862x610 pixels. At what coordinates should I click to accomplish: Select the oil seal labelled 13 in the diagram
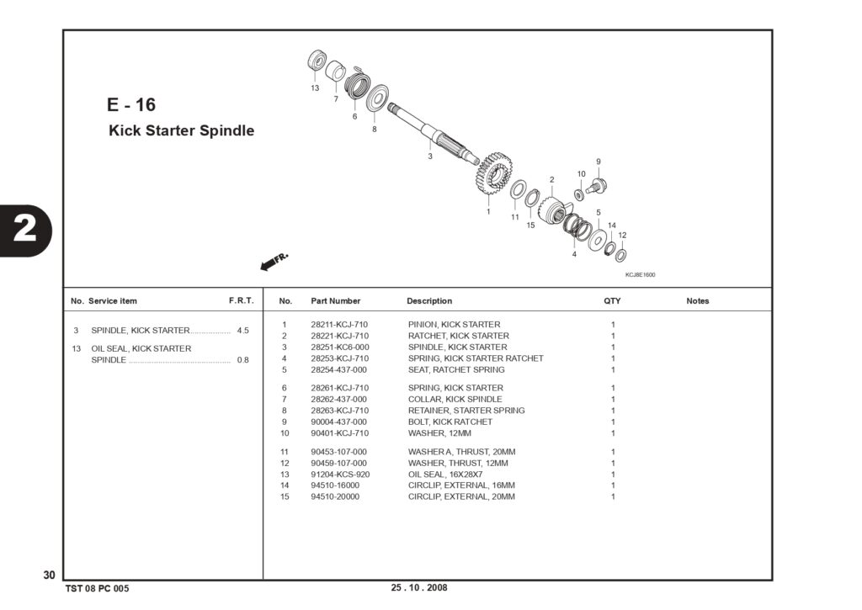click(317, 61)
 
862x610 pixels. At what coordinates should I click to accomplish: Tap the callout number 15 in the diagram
click(530, 225)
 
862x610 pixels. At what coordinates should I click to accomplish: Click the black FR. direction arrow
click(274, 262)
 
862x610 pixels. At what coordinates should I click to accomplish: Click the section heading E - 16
click(131, 104)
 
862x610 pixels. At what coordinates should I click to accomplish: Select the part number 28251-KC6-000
click(340, 347)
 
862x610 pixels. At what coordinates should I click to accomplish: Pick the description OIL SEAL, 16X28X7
click(445, 475)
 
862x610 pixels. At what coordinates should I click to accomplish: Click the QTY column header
click(612, 301)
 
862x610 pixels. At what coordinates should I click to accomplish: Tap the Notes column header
click(698, 301)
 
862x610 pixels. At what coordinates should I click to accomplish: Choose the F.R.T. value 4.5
click(243, 331)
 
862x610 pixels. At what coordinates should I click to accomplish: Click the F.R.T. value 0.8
click(243, 360)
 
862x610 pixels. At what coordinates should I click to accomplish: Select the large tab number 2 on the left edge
click(24, 230)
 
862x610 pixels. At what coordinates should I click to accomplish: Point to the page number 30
click(49, 575)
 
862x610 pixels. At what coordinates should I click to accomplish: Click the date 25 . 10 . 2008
click(419, 587)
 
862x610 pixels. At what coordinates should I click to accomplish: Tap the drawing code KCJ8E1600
click(640, 275)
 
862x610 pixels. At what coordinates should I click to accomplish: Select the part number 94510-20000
click(335, 496)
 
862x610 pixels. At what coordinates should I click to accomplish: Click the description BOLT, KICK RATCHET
click(450, 422)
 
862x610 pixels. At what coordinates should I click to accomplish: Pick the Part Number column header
click(335, 301)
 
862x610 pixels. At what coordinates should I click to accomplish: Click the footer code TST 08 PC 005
click(98, 589)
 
